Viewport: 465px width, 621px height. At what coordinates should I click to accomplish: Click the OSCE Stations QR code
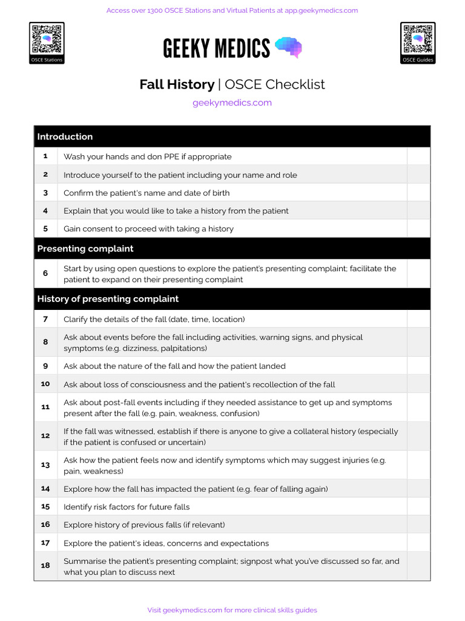[x=47, y=39]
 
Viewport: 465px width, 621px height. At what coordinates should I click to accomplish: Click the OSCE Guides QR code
[x=418, y=39]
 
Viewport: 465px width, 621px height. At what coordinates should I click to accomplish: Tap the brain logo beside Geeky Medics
[x=288, y=47]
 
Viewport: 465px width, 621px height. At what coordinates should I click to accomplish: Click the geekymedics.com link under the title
[x=232, y=102]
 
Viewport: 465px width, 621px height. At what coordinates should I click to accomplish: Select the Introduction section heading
[x=65, y=136]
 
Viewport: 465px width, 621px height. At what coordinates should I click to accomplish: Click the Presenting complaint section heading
[x=85, y=249]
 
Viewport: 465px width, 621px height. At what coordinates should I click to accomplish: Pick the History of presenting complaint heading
[x=108, y=298]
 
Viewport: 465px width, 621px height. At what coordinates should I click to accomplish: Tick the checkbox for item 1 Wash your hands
[x=418, y=156]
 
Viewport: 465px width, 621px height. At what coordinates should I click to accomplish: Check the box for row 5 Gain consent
[x=418, y=229]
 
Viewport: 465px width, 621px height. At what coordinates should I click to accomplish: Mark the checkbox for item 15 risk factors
[x=418, y=507]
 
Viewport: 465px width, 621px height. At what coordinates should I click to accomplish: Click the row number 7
[x=45, y=319]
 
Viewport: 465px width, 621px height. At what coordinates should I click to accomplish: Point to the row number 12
[x=45, y=436]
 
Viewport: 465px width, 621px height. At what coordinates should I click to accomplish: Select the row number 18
[x=45, y=566]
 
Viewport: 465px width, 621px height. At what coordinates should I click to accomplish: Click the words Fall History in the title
[x=177, y=84]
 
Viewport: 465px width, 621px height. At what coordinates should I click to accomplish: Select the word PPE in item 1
[x=171, y=156]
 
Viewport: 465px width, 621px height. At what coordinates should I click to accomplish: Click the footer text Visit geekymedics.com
[x=232, y=610]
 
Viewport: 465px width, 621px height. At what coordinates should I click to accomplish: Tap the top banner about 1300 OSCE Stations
[x=232, y=10]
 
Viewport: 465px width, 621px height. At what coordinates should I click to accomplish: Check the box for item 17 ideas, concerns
[x=418, y=543]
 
